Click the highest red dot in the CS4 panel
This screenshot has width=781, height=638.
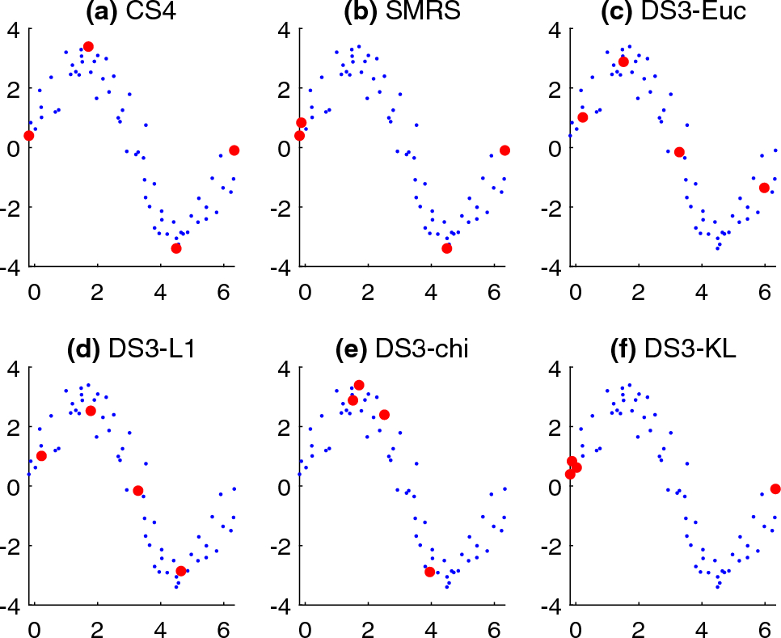[88, 47]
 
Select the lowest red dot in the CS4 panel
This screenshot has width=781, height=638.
[175, 248]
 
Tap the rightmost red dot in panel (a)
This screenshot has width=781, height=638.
[234, 150]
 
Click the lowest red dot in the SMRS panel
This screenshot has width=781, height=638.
[447, 248]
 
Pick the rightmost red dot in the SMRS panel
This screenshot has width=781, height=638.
[504, 150]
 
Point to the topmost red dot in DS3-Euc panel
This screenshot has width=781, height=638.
[623, 61]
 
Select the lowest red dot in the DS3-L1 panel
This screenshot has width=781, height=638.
[181, 571]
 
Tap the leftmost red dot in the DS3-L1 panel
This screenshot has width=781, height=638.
[41, 456]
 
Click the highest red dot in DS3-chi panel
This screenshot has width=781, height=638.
[359, 385]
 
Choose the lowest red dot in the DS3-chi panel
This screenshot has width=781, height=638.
[430, 572]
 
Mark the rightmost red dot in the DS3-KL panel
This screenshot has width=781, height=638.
[775, 489]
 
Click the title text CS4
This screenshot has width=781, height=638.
[151, 11]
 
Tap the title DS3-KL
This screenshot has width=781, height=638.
[690, 349]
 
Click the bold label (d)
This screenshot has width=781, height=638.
[84, 350]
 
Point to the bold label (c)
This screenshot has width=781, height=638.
[618, 12]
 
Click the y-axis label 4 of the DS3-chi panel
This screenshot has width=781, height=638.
[284, 369]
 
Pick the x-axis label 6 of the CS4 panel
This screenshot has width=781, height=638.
[224, 293]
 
